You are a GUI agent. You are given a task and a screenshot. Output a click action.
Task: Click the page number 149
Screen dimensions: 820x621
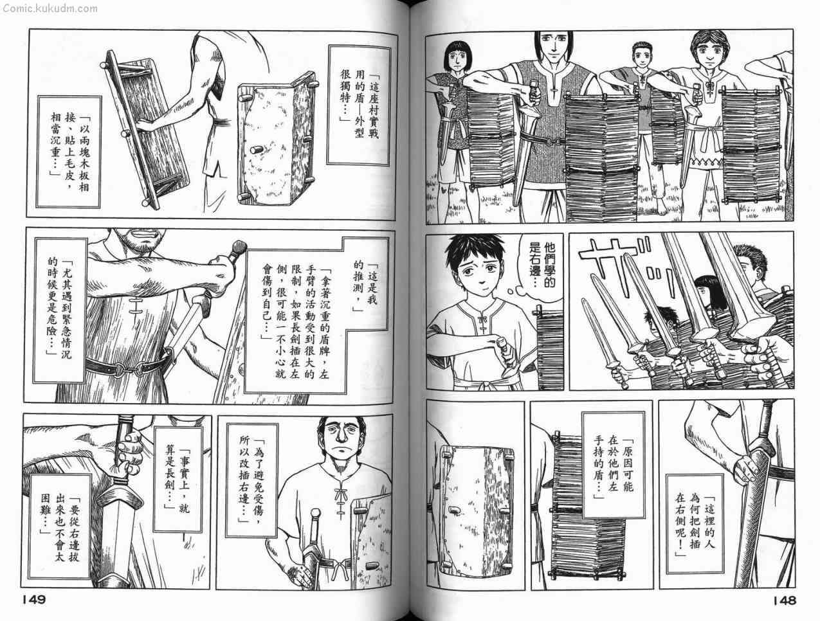pos(33,600)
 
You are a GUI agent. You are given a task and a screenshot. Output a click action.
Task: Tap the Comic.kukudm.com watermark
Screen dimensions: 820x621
pos(50,8)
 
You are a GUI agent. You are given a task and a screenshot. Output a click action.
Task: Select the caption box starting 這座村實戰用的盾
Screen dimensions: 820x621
pos(359,105)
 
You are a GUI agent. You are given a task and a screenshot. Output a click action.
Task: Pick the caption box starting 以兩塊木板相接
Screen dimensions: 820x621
pos(69,152)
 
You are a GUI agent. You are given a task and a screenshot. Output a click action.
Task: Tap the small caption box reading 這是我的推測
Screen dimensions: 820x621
pos(365,285)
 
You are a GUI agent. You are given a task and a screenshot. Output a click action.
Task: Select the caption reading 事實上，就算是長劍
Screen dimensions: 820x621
pos(178,480)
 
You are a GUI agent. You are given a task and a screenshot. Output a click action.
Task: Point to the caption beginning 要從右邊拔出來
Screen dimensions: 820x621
pos(60,526)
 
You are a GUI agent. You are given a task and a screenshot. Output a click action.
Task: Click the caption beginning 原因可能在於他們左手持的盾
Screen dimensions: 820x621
pos(614,465)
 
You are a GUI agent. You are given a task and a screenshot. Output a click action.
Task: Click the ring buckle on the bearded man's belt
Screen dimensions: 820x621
pos(120,370)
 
